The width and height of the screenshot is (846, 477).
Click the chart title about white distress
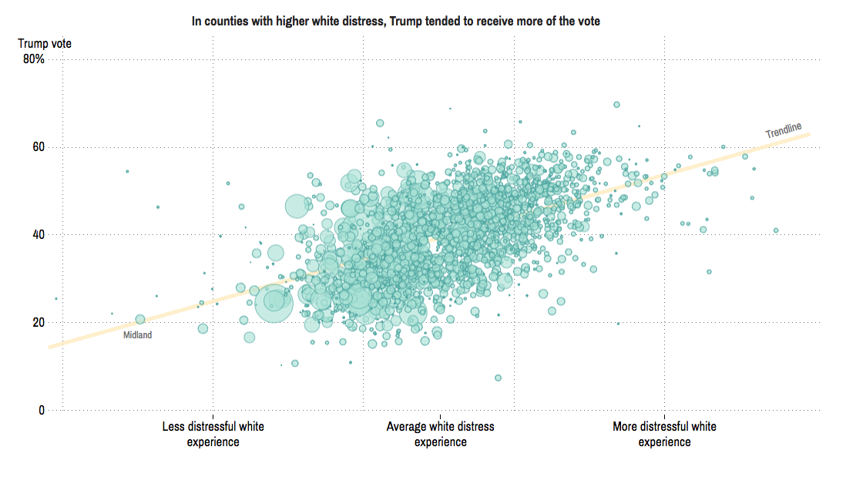click(395, 22)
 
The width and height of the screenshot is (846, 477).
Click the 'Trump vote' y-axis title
click(45, 44)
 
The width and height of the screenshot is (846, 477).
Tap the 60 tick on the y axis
click(38, 146)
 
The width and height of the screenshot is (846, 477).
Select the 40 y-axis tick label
click(38, 234)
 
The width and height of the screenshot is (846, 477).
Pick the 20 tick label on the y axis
click(38, 322)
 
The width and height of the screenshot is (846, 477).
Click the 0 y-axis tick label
click(42, 410)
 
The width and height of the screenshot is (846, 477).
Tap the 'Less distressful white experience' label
click(213, 434)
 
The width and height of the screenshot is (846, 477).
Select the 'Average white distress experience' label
click(440, 434)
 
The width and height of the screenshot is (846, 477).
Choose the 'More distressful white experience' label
click(664, 434)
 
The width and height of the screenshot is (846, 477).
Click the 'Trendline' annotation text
click(784, 131)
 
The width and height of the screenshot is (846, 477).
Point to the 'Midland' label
click(138, 335)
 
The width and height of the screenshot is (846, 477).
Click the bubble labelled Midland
click(139, 319)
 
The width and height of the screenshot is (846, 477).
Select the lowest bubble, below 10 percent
click(498, 378)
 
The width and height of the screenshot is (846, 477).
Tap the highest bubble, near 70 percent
click(616, 105)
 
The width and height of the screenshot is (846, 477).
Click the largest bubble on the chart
click(274, 304)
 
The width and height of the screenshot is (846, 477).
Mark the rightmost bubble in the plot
click(776, 230)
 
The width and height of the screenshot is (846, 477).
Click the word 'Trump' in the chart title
click(405, 22)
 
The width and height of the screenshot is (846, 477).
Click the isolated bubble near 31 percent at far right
click(709, 271)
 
